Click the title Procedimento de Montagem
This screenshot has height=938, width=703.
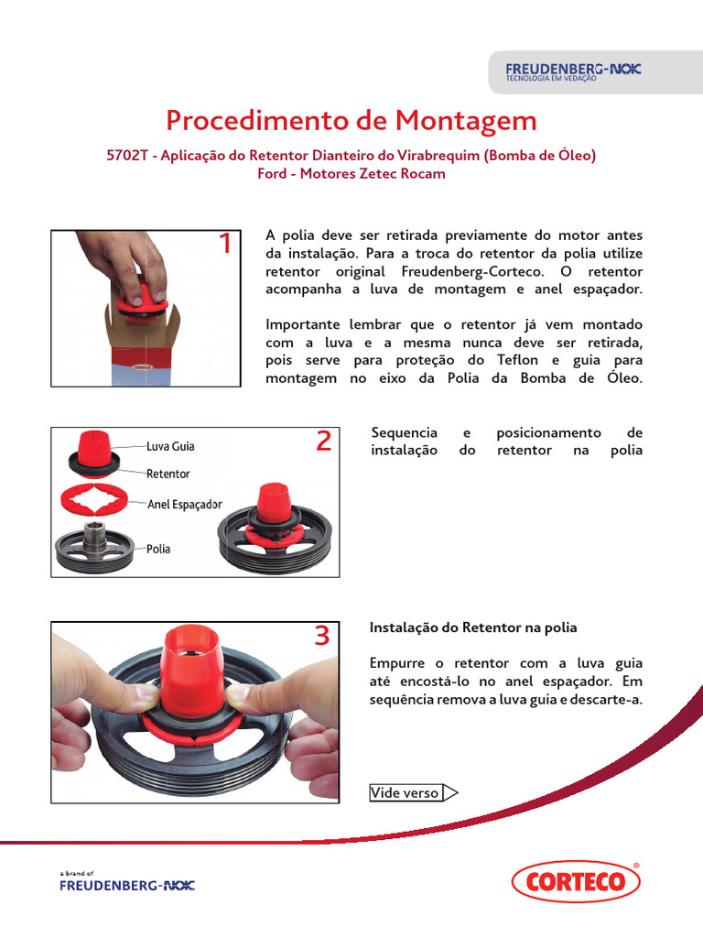351,121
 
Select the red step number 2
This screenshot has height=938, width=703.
322,442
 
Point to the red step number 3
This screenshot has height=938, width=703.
321,636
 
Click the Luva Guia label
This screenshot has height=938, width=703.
170,446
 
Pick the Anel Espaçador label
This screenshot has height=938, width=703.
184,504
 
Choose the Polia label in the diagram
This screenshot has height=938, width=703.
158,549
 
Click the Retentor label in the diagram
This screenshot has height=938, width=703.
168,474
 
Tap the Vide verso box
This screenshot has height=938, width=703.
405,793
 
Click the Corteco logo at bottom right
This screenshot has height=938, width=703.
576,882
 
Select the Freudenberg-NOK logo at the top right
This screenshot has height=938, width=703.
574,71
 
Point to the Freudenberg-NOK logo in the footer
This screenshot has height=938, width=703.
126,885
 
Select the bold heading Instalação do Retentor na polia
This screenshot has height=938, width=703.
473,627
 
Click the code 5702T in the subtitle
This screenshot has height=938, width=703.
128,156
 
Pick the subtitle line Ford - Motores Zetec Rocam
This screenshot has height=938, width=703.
351,174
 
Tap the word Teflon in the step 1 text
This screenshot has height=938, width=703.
520,360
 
